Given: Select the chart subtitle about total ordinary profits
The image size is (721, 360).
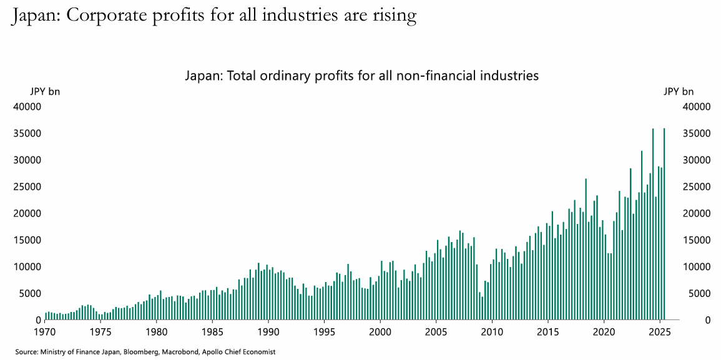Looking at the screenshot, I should pos(361,76).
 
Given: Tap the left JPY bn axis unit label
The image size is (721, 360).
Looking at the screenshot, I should pos(45,92).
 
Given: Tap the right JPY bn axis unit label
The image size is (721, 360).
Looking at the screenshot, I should pos(679,92).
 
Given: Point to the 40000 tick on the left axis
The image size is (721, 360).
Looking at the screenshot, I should pos(27,107).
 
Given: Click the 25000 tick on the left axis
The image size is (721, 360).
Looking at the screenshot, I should pos(27,187).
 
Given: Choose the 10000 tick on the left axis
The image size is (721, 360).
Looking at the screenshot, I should pos(27,267).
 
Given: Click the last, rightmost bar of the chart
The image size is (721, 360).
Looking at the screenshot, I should pos(664,225).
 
